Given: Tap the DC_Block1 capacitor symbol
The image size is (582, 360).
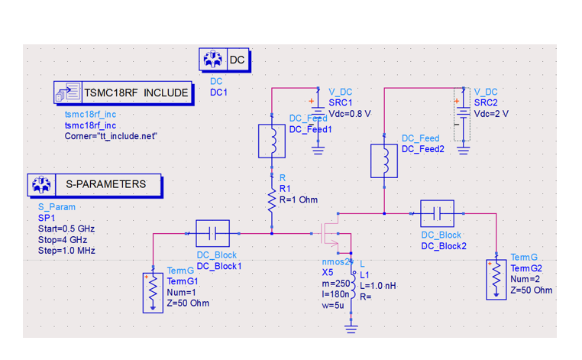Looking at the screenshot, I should tap(213, 233).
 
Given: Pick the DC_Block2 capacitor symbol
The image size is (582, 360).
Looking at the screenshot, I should tap(437, 213).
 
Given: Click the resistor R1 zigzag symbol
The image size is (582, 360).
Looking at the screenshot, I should tap(271, 199).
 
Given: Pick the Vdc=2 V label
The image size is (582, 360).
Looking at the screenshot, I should tap(490, 113).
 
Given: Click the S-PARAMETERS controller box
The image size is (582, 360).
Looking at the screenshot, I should tap(94, 184).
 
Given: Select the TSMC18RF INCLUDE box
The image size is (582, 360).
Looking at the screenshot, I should tap(121, 92).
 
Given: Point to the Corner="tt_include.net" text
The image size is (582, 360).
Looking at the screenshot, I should tap(111, 136).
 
